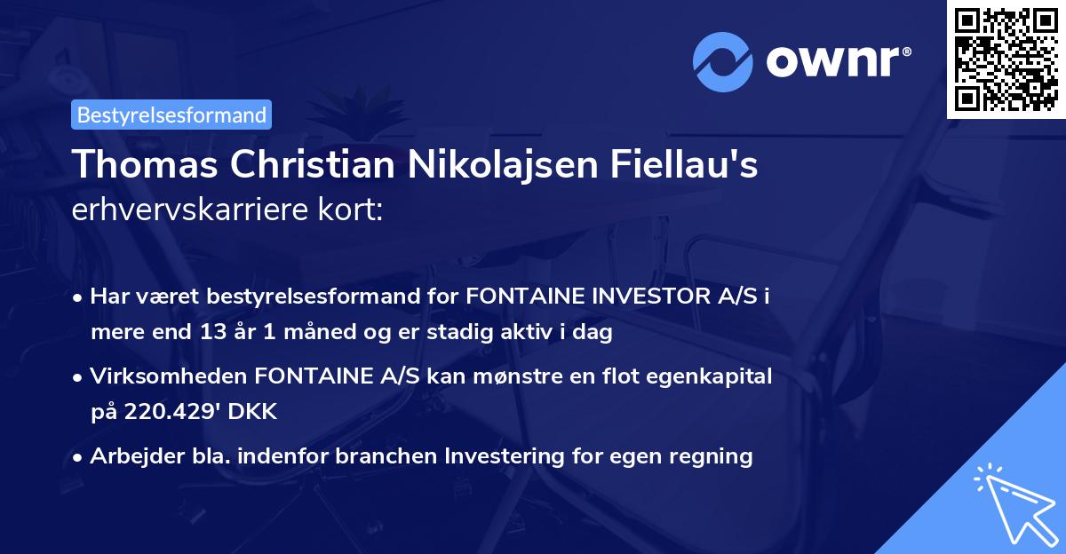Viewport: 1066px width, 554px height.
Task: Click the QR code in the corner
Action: click(x=1006, y=59)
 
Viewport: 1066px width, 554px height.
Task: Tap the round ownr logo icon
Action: click(x=722, y=62)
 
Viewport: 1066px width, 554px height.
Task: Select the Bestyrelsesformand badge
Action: click(x=171, y=115)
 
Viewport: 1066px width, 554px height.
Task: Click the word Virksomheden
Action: click(x=168, y=376)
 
